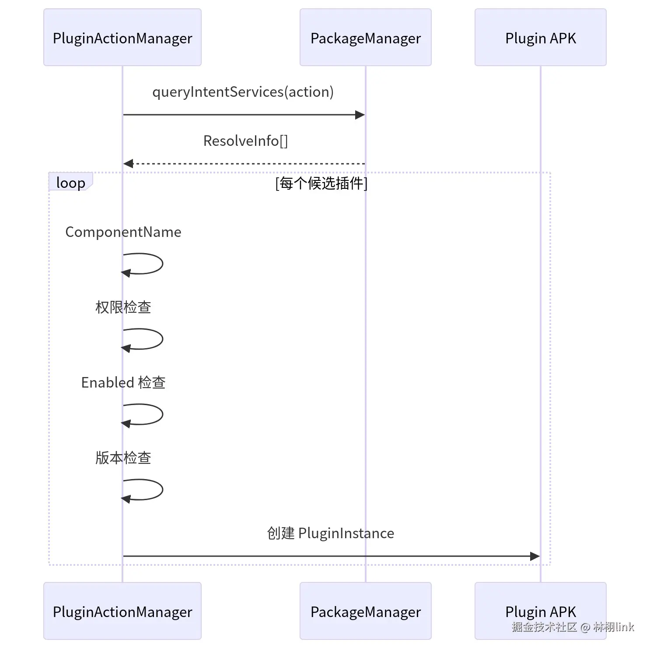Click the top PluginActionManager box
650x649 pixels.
(x=122, y=38)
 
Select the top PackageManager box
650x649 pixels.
(x=366, y=38)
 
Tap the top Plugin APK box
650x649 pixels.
(x=541, y=38)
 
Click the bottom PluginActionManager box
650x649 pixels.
(x=122, y=611)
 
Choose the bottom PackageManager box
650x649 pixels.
(x=366, y=611)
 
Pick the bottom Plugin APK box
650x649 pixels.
(x=541, y=611)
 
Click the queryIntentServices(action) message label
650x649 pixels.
(x=243, y=92)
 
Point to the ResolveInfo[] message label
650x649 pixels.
(x=246, y=141)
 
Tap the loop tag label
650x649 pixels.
(x=71, y=183)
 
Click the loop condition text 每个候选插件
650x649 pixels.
(x=322, y=183)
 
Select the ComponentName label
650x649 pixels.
(x=123, y=232)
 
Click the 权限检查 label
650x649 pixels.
(x=123, y=307)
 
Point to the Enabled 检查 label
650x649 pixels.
(x=123, y=383)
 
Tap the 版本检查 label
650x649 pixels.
(x=123, y=458)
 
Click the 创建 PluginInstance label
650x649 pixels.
(x=331, y=533)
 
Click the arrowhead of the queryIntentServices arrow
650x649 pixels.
(x=360, y=115)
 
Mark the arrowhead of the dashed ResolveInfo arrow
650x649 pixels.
(x=128, y=164)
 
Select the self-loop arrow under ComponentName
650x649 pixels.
(x=163, y=264)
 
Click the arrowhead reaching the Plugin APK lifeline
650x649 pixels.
(x=535, y=556)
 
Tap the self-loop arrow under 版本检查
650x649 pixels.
(x=163, y=490)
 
